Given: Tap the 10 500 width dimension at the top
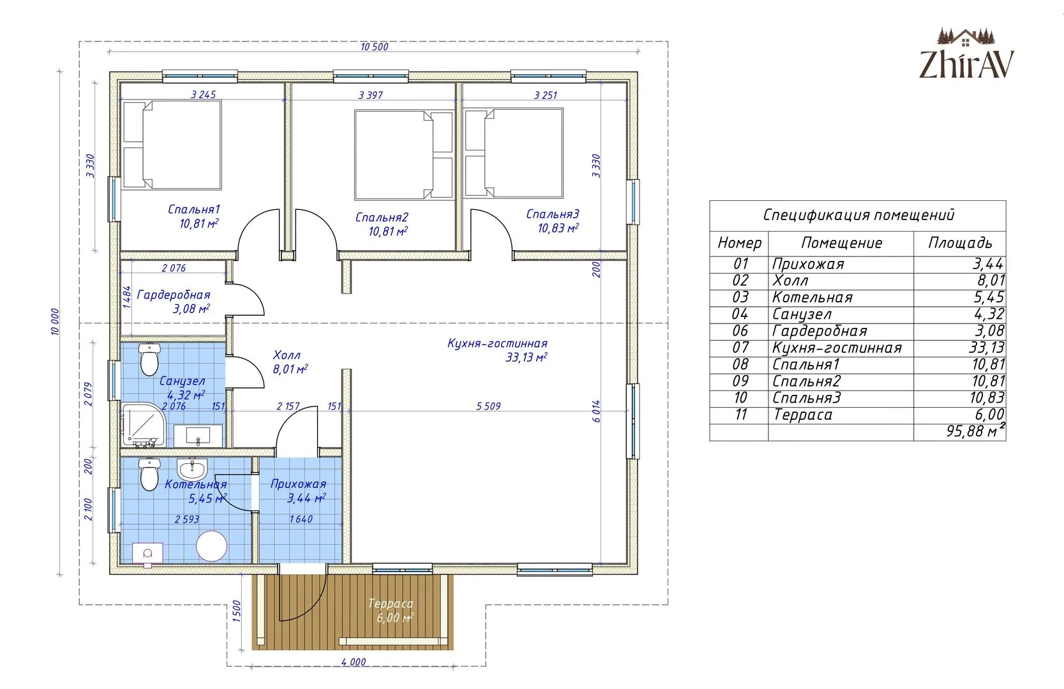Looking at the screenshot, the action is coord(374,47).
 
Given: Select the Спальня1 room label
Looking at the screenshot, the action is coord(194,209).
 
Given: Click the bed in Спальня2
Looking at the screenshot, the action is coord(404,155).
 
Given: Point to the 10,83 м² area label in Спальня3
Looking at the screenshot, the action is coord(558,228).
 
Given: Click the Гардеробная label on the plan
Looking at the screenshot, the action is coord(174,295).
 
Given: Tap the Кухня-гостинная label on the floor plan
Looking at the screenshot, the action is coord(497,343).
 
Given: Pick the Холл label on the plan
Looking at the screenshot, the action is coord(287,355).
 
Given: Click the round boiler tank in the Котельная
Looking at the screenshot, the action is coord(212,546).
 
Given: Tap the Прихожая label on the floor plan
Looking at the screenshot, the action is coord(298,484).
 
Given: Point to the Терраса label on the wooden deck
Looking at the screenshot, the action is coord(391,604).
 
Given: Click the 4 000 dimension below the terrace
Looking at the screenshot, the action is coord(354,662).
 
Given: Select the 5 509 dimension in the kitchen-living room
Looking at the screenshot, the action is coord(488,406).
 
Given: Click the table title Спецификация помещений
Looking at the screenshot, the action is coord(858,215).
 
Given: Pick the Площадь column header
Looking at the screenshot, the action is coord(960,243).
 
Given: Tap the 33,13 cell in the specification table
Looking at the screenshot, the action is coord(987,348).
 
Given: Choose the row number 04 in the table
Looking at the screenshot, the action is coord(740,314).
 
